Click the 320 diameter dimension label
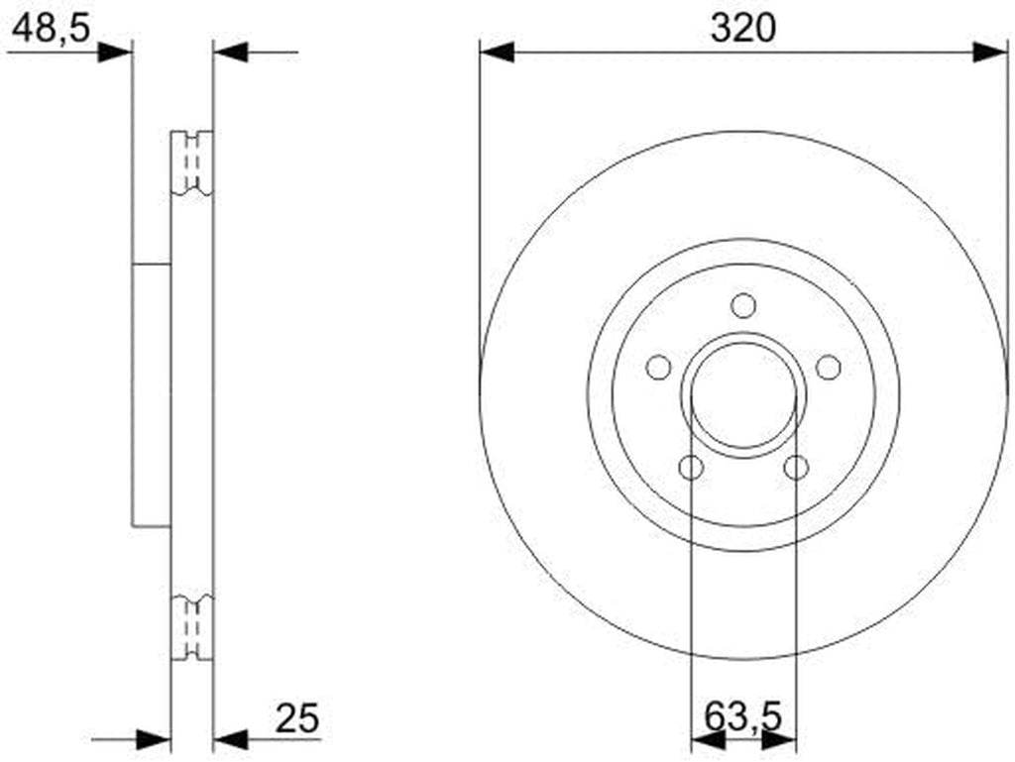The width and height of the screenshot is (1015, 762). click(x=742, y=29)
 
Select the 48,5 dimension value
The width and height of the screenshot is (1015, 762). click(x=51, y=29)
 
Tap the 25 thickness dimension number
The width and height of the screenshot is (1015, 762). click(x=297, y=718)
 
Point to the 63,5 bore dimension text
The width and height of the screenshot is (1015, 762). click(x=743, y=716)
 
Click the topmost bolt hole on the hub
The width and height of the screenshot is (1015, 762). click(x=743, y=306)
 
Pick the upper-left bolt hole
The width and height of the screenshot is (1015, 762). click(x=659, y=368)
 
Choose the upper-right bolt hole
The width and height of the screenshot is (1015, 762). click(x=828, y=368)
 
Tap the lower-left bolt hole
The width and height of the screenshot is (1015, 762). click(x=691, y=467)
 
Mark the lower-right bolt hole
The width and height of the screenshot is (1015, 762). click(x=796, y=467)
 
